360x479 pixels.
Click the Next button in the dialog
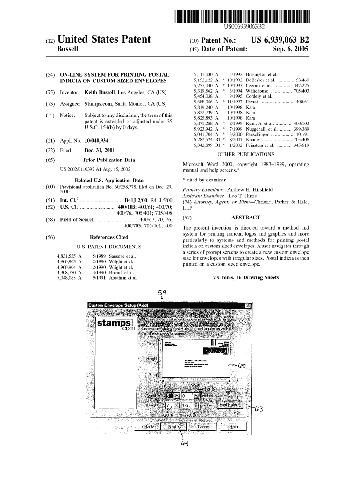coord(173,427)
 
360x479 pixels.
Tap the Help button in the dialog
coord(233,427)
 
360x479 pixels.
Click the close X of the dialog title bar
coord(248,306)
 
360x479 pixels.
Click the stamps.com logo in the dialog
coord(115,325)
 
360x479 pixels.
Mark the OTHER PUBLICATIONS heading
coord(246,154)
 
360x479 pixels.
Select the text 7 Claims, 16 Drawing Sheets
coord(245,277)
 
